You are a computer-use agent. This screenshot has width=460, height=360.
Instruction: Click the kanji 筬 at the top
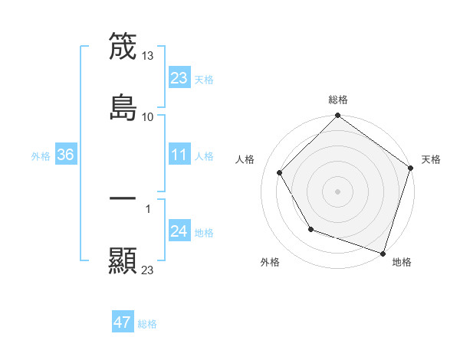(123, 47)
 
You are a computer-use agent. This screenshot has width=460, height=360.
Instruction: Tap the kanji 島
(123, 106)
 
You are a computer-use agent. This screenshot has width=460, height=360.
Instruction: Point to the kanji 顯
(123, 260)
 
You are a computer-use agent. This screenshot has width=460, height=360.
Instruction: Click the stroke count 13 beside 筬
(149, 56)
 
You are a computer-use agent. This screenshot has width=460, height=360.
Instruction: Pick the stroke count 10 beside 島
(148, 116)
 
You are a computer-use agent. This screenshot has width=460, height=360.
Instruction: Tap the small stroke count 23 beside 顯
(148, 270)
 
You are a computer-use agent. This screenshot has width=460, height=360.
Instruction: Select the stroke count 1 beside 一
(148, 208)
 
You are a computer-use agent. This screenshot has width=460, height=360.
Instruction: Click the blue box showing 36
(66, 155)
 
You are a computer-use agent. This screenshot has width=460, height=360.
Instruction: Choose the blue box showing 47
(123, 323)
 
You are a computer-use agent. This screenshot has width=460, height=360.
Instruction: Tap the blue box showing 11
(179, 155)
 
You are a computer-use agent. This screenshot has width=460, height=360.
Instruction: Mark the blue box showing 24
(179, 232)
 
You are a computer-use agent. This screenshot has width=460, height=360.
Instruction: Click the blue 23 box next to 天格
(179, 79)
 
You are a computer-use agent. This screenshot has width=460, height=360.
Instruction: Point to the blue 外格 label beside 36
(41, 156)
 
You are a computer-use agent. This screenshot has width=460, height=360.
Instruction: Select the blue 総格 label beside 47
(147, 324)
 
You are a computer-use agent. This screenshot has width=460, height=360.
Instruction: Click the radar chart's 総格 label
(338, 100)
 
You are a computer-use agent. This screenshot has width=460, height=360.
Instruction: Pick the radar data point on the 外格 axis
(310, 229)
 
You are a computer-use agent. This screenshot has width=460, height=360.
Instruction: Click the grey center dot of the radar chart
(338, 191)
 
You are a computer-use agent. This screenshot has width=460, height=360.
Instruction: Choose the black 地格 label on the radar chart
(402, 262)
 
